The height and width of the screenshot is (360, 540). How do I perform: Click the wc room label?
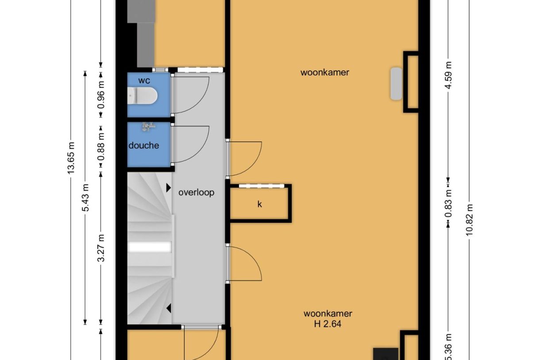click(x=144, y=81)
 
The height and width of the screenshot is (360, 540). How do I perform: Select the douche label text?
click(x=144, y=145)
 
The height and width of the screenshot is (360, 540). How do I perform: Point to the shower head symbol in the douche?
click(x=147, y=128)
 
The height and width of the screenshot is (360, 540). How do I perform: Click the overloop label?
click(x=196, y=193)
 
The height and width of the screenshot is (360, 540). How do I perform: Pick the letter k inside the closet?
click(x=260, y=204)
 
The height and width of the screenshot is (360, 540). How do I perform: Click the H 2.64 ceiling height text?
click(x=328, y=324)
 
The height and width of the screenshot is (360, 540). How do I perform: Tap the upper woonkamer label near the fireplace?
click(x=324, y=72)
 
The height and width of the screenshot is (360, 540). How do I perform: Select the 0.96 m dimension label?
click(x=101, y=94)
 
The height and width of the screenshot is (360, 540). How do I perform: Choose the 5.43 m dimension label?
click(x=85, y=197)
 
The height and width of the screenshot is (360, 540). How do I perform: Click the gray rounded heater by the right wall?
click(x=396, y=84)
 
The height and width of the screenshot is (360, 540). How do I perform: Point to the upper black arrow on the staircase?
click(x=169, y=188)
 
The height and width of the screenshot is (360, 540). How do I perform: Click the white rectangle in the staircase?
click(x=149, y=247)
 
